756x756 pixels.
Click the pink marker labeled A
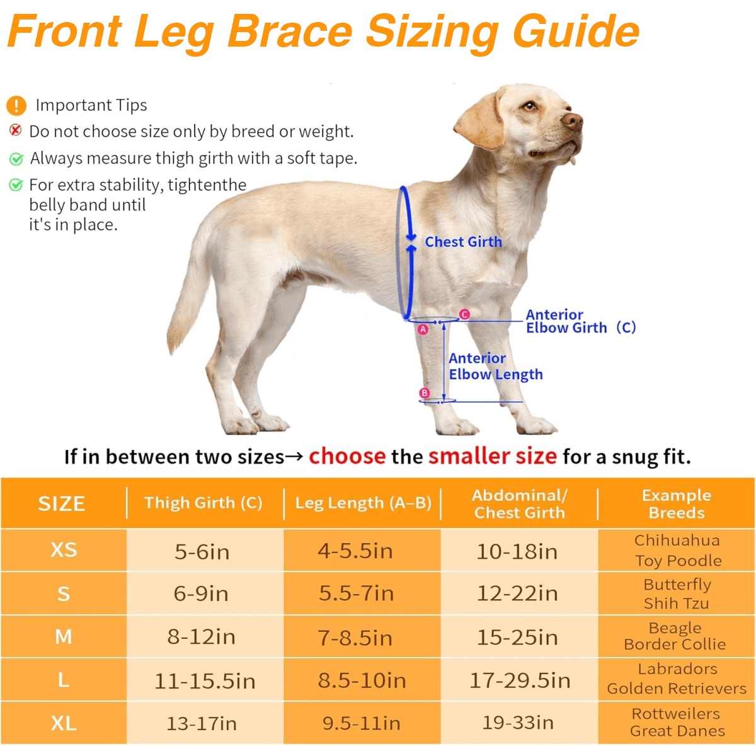(423, 329)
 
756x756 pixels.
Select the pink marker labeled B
(425, 393)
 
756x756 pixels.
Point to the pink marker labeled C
(464, 314)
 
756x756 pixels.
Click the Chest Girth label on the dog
(463, 242)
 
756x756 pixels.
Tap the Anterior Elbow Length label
(495, 366)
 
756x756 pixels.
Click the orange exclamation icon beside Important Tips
(16, 105)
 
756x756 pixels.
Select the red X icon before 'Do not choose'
(16, 130)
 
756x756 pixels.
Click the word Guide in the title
(576, 31)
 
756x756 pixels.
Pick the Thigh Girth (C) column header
(203, 503)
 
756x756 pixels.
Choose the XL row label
(64, 723)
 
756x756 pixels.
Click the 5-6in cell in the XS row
(202, 552)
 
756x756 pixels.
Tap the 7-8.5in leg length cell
(355, 638)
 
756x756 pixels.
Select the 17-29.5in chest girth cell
(520, 680)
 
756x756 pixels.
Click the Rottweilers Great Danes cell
(677, 722)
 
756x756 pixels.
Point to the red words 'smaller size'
(493, 455)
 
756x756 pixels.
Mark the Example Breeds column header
(677, 503)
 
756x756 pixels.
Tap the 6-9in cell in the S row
(202, 593)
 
